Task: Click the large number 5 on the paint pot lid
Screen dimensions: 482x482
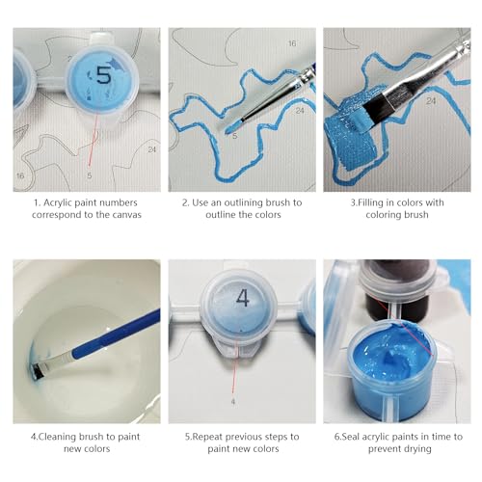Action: coord(103,76)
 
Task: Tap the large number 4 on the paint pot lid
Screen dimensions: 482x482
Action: coord(243,298)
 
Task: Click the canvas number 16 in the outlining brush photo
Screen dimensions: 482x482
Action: coord(292,43)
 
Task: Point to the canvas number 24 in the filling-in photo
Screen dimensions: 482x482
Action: coord(431,101)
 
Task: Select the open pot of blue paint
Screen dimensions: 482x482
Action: coord(392,369)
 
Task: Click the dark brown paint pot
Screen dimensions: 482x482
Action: coord(398,288)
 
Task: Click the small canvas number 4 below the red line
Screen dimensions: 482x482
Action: coord(233,402)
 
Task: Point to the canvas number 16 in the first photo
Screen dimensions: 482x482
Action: coord(20,175)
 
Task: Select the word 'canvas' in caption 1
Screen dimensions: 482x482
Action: coord(126,215)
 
